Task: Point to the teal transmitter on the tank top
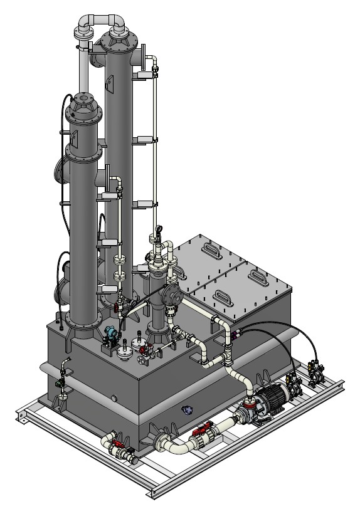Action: (x=111, y=334)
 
